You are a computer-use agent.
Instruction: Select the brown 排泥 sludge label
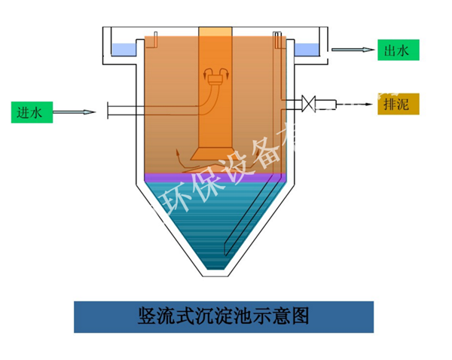point(396,103)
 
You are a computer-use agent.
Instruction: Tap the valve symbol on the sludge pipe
point(308,102)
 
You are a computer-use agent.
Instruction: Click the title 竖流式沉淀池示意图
point(224,315)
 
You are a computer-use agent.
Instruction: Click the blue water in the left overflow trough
point(121,50)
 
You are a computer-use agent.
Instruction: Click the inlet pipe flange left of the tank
point(110,111)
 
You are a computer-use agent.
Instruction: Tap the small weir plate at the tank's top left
point(154,36)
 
